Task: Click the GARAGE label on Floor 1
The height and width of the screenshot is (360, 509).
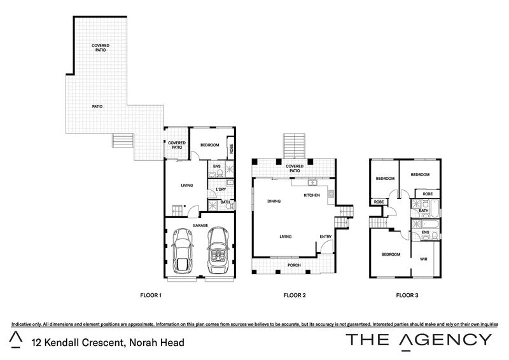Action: [x=200, y=225]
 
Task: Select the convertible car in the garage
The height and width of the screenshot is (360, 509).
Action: [x=218, y=250]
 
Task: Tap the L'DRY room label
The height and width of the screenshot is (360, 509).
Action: [x=221, y=190]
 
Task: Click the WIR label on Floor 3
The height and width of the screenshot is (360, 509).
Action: [x=424, y=259]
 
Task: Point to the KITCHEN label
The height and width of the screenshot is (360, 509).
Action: [x=312, y=195]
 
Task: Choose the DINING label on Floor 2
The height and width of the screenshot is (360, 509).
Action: [x=274, y=201]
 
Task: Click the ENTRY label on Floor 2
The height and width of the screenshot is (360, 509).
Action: [x=326, y=237]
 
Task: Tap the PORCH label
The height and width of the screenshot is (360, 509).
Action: [x=294, y=265]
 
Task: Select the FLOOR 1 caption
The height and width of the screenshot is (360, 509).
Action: [x=151, y=295]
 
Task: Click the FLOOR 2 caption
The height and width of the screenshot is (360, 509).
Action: [x=295, y=295]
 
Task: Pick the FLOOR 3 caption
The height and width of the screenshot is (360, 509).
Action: [x=407, y=295]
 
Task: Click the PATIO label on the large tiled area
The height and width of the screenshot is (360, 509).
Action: [x=97, y=106]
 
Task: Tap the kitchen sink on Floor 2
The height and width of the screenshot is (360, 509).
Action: [x=312, y=183]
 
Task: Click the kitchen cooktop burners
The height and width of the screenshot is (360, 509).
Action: [x=331, y=194]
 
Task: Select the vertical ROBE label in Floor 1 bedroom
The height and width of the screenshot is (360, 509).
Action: [x=231, y=149]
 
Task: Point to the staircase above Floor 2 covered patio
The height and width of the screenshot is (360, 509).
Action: [x=295, y=146]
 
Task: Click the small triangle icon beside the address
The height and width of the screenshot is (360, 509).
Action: [x=15, y=340]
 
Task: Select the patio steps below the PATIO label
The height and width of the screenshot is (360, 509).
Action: [x=123, y=140]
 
